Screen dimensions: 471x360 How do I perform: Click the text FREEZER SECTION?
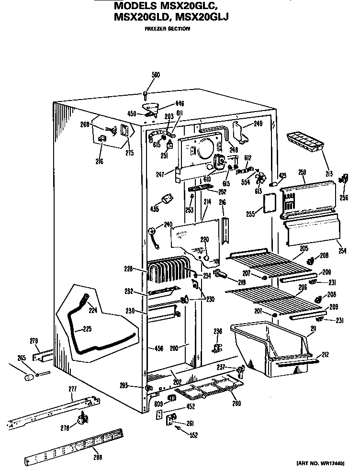(167, 29)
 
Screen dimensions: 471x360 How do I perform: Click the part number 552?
(193, 435)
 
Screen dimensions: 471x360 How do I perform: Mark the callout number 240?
(168, 224)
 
